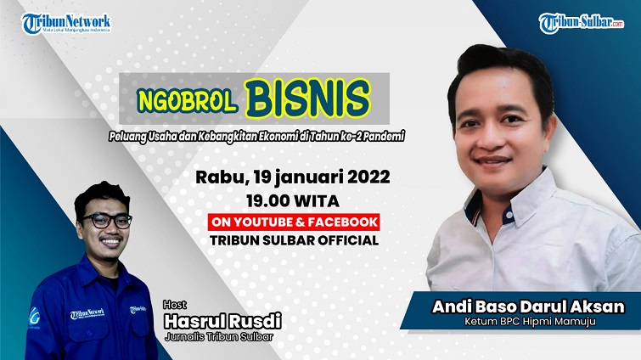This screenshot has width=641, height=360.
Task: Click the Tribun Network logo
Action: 65,23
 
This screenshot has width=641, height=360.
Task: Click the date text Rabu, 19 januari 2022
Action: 293,177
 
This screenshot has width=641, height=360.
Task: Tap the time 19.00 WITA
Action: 293,201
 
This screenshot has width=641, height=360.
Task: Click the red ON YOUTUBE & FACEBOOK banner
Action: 293,222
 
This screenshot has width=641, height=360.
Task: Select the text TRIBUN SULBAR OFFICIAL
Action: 293,239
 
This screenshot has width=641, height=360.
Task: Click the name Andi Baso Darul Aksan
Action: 514,307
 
